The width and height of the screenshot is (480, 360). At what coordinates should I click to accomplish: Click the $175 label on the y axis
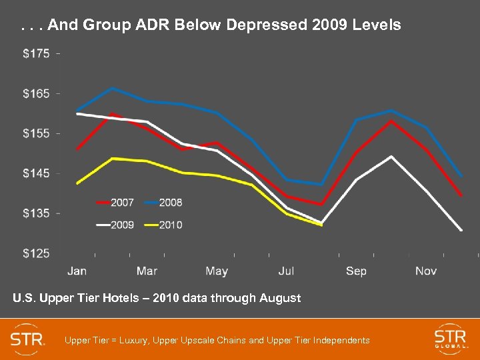point(36,53)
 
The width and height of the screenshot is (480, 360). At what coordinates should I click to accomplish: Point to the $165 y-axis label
point(36,93)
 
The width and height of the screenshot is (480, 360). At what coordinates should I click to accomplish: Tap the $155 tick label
point(36,133)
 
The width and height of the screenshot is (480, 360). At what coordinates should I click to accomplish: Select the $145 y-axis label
point(36,173)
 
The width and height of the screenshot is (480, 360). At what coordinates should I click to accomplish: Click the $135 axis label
point(36,213)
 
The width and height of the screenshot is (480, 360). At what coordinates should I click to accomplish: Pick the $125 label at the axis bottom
point(36,253)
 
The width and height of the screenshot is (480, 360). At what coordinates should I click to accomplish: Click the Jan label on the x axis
point(77,271)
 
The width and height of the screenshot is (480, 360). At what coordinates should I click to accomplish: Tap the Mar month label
point(147,271)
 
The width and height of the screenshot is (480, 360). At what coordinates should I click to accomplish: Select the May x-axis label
point(217,271)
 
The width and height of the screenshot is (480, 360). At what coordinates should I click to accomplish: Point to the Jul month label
point(286,271)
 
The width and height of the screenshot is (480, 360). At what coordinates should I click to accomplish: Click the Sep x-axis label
point(356,271)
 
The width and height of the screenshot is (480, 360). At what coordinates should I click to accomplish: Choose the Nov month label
point(426,271)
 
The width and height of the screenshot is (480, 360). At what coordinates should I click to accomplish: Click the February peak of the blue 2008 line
point(113,88)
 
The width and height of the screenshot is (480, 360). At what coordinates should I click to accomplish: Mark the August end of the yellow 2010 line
point(321,225)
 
